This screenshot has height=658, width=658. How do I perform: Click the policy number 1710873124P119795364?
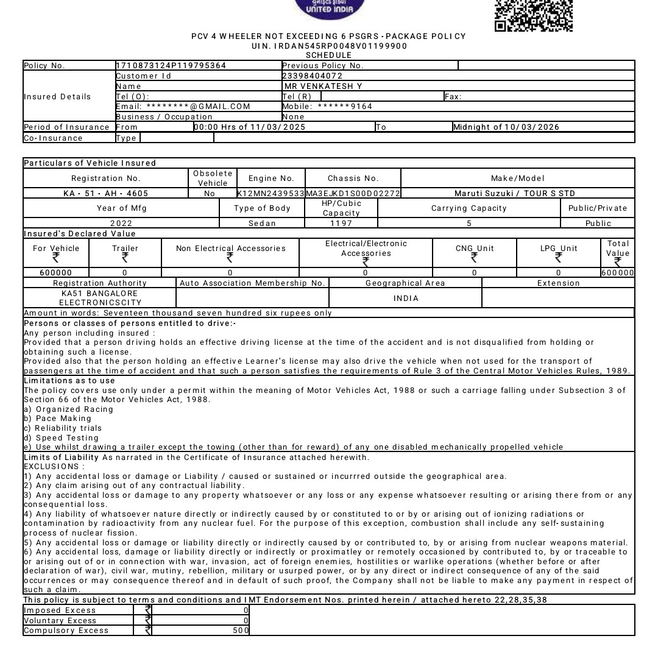pos(171,66)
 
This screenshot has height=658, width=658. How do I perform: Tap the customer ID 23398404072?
pos(312,76)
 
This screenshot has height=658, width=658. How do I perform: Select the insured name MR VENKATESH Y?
pos(323,87)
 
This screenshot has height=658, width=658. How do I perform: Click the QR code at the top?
pos(533,15)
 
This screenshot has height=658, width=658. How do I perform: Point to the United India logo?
pos(330,9)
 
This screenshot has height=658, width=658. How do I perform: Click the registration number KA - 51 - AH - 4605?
pos(106,194)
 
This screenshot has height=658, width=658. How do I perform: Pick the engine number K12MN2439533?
pos(271,194)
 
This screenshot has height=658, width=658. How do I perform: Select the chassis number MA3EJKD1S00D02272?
pos(353,194)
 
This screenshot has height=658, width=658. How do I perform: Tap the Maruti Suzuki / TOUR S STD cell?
pos(515,194)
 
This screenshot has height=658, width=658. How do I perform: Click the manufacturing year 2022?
pos(121,224)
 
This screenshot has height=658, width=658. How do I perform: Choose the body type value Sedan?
pos(263,224)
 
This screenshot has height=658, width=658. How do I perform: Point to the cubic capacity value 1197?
pos(341,224)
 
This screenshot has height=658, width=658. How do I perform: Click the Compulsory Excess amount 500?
pos(241,631)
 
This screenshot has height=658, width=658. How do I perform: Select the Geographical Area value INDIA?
pos(406,299)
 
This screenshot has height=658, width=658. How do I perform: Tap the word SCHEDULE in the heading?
pos(328,55)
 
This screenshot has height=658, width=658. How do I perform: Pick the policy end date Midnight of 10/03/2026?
pos(506,127)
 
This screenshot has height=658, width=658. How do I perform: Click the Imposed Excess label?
pos(52,610)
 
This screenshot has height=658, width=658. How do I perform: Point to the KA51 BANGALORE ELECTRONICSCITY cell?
pos(100,298)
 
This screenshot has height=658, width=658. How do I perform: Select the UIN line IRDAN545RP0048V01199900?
pos(329,46)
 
